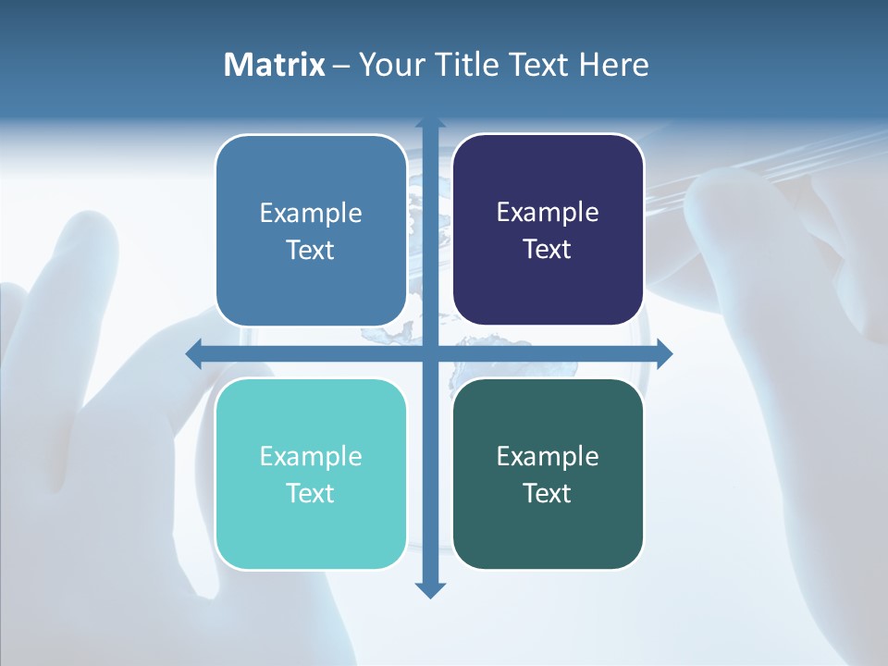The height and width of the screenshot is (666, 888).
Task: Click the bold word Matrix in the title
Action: pos(275,65)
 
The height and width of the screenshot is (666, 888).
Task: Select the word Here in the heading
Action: pos(614,65)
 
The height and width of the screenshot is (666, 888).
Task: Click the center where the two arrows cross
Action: pos(430,353)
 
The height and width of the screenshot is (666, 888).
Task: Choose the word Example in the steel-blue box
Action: pos(311,213)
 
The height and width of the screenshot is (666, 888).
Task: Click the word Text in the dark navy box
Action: pos(547,249)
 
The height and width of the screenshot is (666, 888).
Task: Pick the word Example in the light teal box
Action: pos(311,456)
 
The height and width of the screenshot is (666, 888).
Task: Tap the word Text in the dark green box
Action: pos(547,493)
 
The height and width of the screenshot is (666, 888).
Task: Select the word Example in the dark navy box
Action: pos(548,212)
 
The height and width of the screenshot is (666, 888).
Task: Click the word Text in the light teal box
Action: pos(311,493)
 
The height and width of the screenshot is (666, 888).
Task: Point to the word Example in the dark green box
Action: pos(548,456)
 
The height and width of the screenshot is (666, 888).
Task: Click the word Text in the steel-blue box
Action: pos(311,250)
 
